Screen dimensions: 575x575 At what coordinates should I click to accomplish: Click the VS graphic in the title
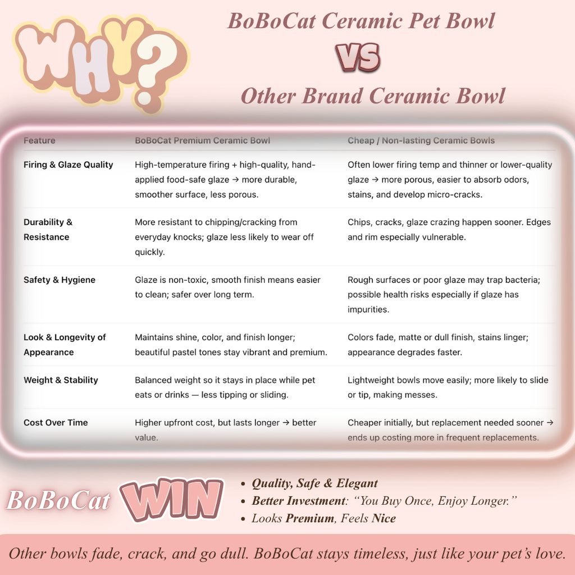tap(358, 57)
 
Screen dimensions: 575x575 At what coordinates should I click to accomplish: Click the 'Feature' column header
tap(39, 140)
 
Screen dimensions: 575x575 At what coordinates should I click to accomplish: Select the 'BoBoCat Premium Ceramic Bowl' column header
tap(202, 140)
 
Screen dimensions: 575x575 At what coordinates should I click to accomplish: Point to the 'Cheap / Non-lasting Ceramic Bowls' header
tap(421, 140)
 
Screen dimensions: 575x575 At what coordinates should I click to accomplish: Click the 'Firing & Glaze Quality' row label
tap(68, 165)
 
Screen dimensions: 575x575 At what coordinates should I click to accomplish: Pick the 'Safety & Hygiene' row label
tap(60, 280)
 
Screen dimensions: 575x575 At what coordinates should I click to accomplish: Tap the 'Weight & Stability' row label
tap(61, 380)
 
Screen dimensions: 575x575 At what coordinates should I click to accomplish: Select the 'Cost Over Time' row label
tap(56, 422)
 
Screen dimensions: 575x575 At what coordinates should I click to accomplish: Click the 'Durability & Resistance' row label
tap(48, 230)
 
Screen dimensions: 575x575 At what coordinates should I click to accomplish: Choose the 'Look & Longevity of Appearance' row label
tap(65, 345)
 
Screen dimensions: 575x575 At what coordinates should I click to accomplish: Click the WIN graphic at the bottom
tap(172, 499)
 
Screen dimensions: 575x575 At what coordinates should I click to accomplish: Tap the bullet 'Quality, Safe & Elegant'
tap(314, 483)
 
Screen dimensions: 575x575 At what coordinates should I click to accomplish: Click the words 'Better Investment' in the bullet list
tap(299, 501)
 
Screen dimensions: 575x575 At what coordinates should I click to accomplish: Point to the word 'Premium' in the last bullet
tap(310, 518)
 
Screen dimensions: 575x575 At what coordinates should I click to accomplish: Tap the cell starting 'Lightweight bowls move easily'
tap(448, 387)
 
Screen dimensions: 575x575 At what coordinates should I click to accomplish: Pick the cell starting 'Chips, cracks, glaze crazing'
tap(449, 230)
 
